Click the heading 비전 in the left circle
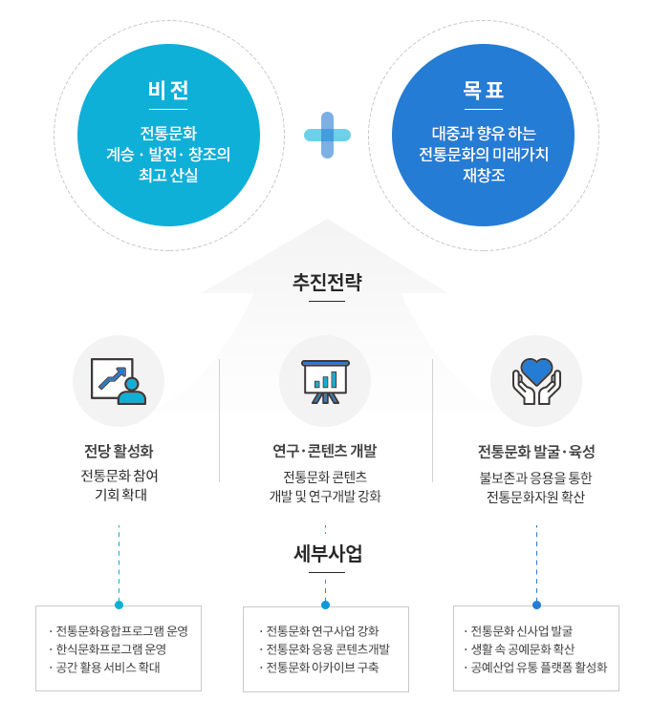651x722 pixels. (168, 90)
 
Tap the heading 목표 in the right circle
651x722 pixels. (483, 90)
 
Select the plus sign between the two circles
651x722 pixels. (327, 135)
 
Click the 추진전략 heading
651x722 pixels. (327, 282)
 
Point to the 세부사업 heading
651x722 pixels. (328, 554)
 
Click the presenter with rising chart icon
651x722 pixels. (119, 381)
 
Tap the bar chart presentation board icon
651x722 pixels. (325, 382)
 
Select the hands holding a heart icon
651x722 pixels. (536, 381)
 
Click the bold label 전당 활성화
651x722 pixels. (119, 451)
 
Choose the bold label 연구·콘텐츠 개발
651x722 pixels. (325, 451)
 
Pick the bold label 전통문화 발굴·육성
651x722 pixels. (536, 451)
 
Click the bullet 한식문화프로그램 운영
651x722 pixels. (108, 649)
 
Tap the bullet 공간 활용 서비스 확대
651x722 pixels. (104, 668)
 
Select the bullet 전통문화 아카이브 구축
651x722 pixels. (319, 668)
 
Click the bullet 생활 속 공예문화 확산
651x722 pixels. (520, 649)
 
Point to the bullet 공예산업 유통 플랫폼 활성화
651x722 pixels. (535, 668)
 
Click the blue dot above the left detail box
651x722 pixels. (119, 605)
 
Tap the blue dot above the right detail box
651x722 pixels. (536, 605)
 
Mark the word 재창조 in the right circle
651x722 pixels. (484, 175)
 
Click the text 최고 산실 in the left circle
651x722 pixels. (168, 175)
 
